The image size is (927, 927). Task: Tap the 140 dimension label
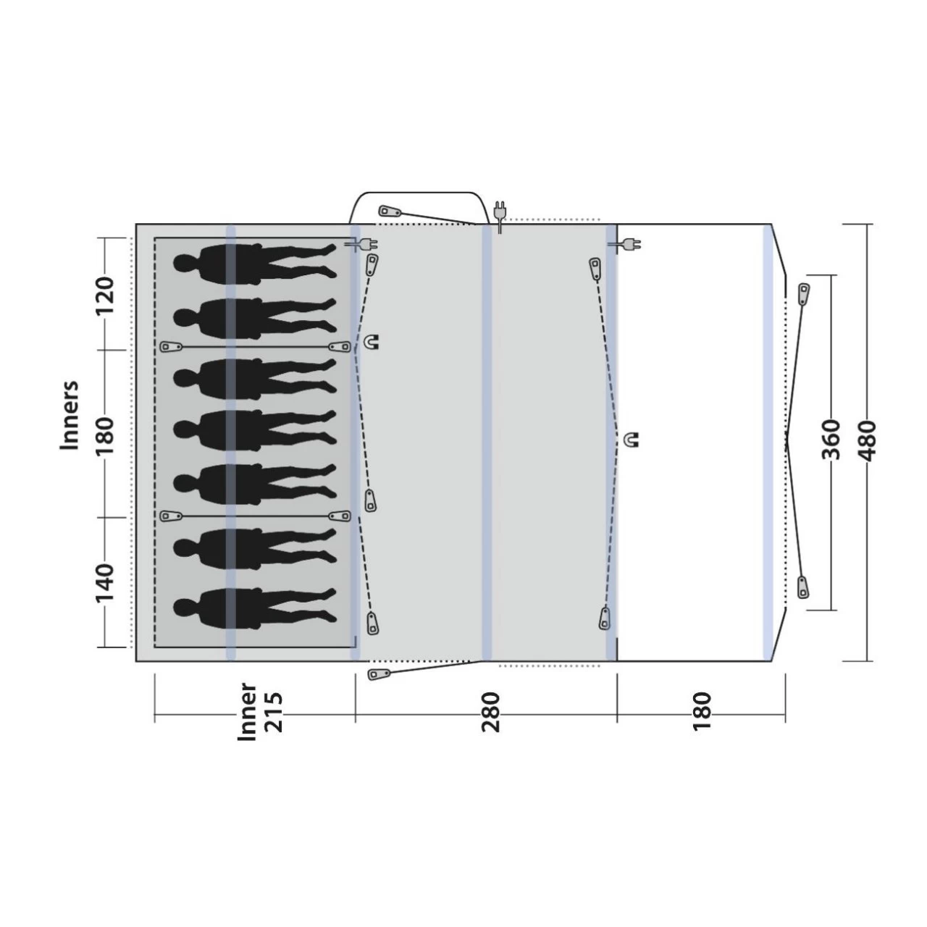105,582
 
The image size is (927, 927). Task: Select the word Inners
70,416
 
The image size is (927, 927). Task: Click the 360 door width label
831,440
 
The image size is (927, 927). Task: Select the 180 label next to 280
701,711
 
